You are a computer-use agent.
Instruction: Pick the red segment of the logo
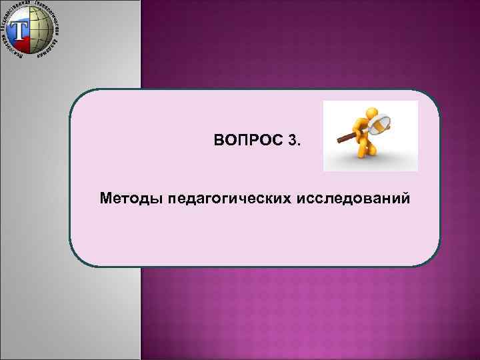21,45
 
